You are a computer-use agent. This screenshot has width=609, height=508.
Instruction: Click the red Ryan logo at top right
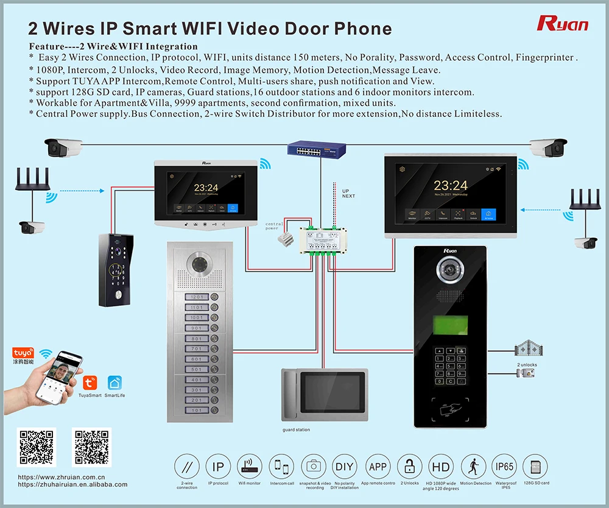pyautogui.click(x=562, y=23)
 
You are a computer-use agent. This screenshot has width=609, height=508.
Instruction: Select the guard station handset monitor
pyautogui.click(x=324, y=395)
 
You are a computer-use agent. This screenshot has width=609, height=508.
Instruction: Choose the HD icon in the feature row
pyautogui.click(x=441, y=467)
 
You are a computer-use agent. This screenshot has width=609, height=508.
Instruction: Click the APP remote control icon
pyautogui.click(x=378, y=467)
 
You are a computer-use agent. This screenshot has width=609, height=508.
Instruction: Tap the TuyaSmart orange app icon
pyautogui.click(x=90, y=383)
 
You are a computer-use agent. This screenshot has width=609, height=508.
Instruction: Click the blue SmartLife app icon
pyautogui.click(x=114, y=383)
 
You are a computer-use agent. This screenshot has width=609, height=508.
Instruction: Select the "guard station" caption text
pyautogui.click(x=296, y=430)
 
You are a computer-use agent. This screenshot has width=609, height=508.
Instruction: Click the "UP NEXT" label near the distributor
pyautogui.click(x=348, y=192)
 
